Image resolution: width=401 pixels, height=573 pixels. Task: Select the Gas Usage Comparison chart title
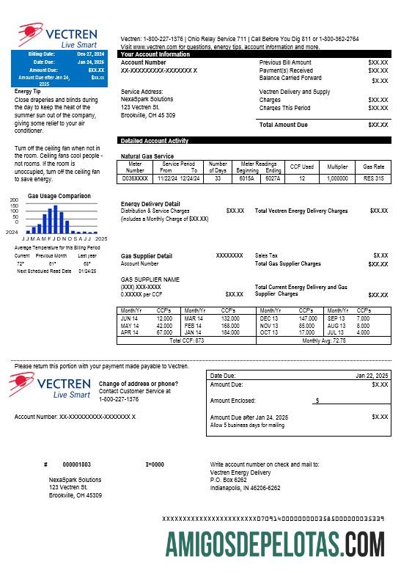[59, 196]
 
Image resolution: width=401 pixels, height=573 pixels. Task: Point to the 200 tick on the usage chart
[13, 200]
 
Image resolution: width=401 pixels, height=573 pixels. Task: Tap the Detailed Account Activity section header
[154, 140]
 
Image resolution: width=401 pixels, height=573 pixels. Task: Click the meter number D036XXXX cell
[136, 178]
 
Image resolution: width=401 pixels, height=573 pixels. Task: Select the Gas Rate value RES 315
[373, 178]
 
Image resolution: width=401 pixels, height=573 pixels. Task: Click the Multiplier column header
[337, 167]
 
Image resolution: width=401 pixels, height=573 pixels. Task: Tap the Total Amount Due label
[284, 125]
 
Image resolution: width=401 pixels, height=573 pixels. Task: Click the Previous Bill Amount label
[285, 62]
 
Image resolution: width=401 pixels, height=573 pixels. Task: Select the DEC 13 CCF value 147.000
[307, 318]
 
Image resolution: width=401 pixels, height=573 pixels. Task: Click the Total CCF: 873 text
[186, 340]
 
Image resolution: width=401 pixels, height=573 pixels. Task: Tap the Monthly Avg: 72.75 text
[324, 340]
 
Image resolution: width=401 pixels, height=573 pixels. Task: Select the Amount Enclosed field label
[232, 401]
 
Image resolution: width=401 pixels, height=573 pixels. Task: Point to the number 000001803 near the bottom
[77, 464]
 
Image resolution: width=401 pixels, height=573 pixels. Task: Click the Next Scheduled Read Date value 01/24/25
[87, 271]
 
